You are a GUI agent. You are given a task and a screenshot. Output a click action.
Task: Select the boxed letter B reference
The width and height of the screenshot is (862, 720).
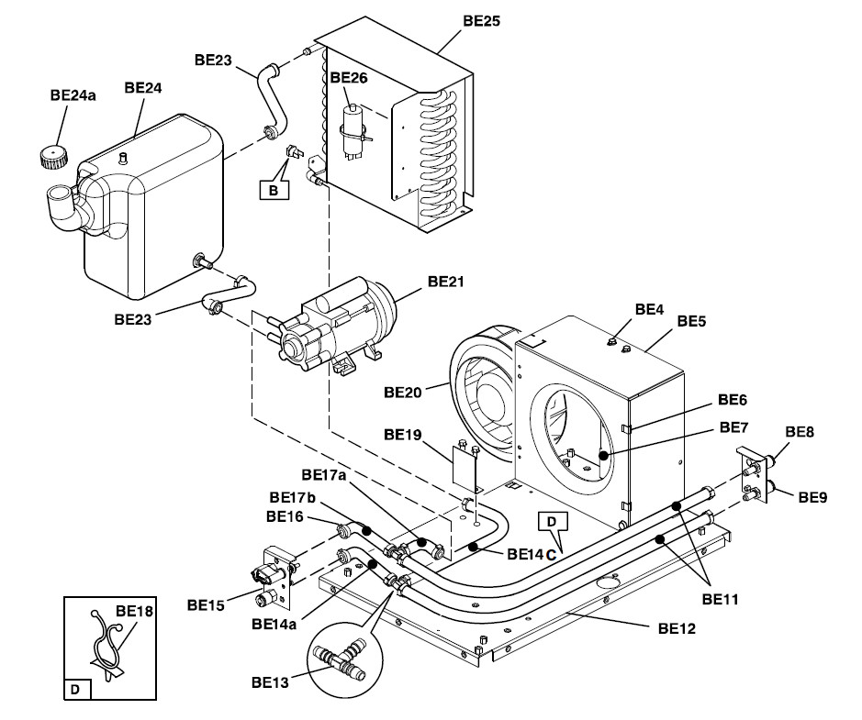(x=273, y=190)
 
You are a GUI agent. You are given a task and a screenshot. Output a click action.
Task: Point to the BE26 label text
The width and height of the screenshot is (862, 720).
(x=348, y=79)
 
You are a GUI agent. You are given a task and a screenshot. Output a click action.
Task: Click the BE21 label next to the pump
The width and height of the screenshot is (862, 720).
(x=445, y=282)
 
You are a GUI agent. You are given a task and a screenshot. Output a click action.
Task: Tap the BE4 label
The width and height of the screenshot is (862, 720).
(x=649, y=309)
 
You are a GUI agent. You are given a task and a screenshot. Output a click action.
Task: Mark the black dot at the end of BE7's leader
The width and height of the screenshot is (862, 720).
(x=604, y=453)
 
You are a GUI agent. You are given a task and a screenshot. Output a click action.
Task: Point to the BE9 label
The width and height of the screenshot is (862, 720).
(x=812, y=498)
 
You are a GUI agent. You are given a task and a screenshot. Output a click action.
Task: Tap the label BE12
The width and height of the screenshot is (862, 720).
(x=677, y=629)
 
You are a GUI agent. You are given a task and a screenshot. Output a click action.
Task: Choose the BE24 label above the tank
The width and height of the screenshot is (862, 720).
(x=143, y=88)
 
